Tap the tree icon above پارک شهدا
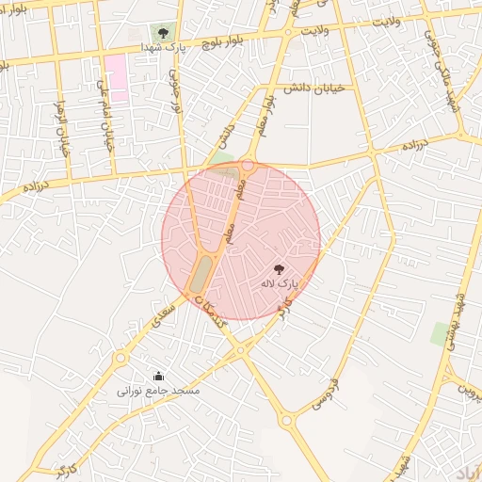coord(164,33)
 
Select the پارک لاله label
coord(278,282)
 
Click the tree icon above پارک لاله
coord(278,269)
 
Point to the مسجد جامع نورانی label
coord(157,389)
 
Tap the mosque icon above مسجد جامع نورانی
coord(157,376)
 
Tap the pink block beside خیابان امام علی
coord(116,71)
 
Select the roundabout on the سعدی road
coord(120,358)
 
